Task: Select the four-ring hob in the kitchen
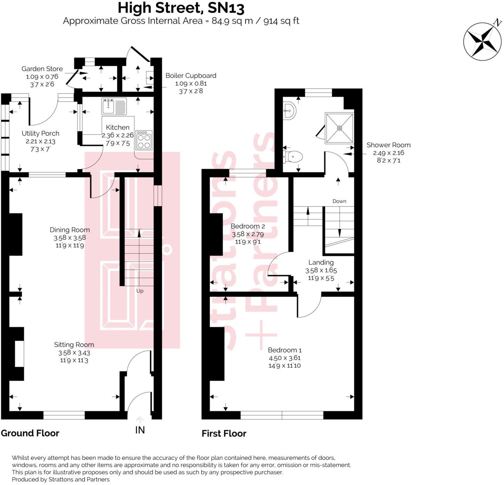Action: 144,140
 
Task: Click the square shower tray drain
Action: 339,128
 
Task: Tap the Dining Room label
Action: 70,230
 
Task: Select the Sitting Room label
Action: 74,345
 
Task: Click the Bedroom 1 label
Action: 284,350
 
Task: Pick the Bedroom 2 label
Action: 247,226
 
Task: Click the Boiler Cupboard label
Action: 191,76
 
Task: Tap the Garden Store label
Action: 42,69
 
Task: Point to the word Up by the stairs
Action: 140,291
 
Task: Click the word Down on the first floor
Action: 339,201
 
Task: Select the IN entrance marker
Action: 140,430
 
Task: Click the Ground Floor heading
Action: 30,433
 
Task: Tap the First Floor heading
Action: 224,433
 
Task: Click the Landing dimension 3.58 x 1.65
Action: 321,270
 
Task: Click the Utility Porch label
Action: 40,133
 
